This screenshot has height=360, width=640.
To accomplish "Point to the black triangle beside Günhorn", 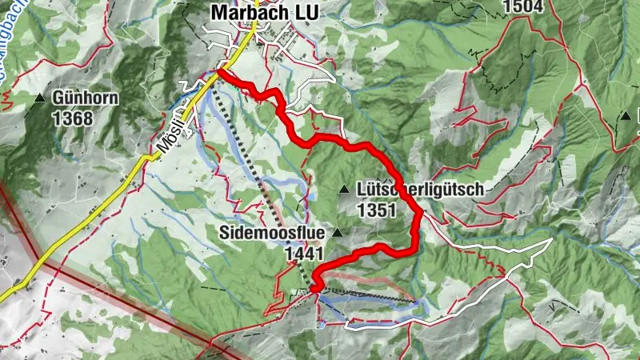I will click(41, 98).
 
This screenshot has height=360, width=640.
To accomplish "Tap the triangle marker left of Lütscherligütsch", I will click(344, 190).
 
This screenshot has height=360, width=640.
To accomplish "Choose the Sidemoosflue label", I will click(272, 233).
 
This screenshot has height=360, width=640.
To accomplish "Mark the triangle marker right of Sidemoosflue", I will click(337, 233).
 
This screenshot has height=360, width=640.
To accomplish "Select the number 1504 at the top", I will click(522, 7).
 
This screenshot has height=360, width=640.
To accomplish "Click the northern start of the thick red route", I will click(218, 73).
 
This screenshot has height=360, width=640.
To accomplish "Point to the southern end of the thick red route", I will click(314, 289).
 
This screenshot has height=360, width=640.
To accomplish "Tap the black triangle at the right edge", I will click(626, 117).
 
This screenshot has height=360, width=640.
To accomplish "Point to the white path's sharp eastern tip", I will click(552, 239).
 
